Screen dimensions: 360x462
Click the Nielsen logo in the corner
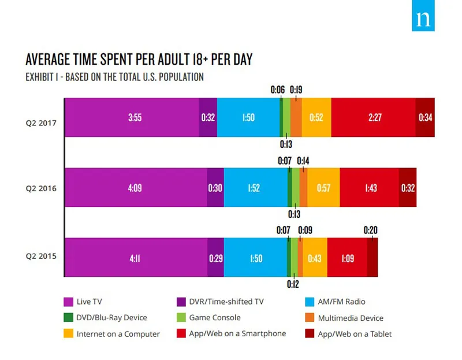point(423,19)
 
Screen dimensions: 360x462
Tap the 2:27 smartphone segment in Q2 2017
point(373,117)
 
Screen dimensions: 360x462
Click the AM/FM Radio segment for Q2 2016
point(255,187)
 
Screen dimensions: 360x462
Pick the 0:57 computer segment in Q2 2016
point(323,187)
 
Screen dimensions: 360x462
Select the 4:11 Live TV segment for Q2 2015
point(135,257)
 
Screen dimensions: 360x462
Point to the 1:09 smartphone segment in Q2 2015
point(347,257)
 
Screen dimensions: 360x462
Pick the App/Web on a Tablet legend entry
point(348,334)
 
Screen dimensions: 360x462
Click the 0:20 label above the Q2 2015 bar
point(371,229)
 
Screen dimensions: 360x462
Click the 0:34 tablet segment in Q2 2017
point(425,117)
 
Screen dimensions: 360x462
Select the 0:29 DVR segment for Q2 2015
point(215,257)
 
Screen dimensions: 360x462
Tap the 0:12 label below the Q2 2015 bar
point(294,284)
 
